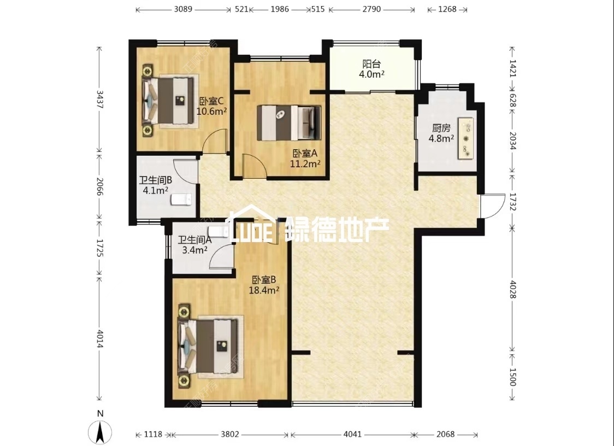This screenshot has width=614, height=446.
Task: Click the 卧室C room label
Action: pyautogui.click(x=211, y=106)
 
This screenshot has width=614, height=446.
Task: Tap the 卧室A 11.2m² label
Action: pyautogui.click(x=305, y=159)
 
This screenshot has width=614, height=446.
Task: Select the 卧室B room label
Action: pyautogui.click(x=264, y=285)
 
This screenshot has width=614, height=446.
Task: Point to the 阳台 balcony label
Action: pyautogui.click(x=371, y=69)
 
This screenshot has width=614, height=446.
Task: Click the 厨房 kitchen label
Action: pyautogui.click(x=441, y=133)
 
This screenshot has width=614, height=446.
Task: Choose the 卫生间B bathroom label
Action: pyautogui.click(x=156, y=185)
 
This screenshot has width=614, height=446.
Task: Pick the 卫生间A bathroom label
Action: pyautogui.click(x=194, y=244)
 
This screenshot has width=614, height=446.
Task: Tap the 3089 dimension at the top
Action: pyautogui.click(x=183, y=9)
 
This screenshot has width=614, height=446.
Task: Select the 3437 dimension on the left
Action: pyautogui.click(x=100, y=99)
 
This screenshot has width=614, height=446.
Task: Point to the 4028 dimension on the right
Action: pyautogui.click(x=512, y=289)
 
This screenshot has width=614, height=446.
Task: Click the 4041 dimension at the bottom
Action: pyautogui.click(x=352, y=434)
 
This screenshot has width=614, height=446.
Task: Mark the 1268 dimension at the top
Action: pyautogui.click(x=447, y=9)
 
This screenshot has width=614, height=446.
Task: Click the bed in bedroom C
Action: pyautogui.click(x=168, y=101)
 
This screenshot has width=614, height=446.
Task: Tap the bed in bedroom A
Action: pyautogui.click(x=289, y=122)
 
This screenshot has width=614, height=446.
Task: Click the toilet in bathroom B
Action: pyautogui.click(x=181, y=199)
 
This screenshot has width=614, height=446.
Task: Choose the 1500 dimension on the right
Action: pyautogui.click(x=512, y=377)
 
